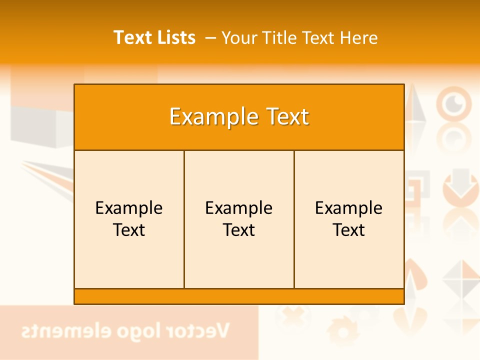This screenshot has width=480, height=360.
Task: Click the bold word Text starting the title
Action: tap(131, 37)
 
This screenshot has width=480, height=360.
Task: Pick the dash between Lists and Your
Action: tap(210, 38)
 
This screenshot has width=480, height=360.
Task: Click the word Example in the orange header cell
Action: tap(210, 117)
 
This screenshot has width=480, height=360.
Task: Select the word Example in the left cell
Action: tap(129, 208)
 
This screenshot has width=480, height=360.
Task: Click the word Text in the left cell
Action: tap(129, 230)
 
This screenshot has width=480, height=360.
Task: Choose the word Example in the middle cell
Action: tap(239, 208)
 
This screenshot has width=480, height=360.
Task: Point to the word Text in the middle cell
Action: tap(239, 230)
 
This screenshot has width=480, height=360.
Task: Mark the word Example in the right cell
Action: tap(349, 208)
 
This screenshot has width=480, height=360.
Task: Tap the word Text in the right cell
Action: tap(349, 230)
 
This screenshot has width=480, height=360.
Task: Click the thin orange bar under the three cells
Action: tap(239, 296)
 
